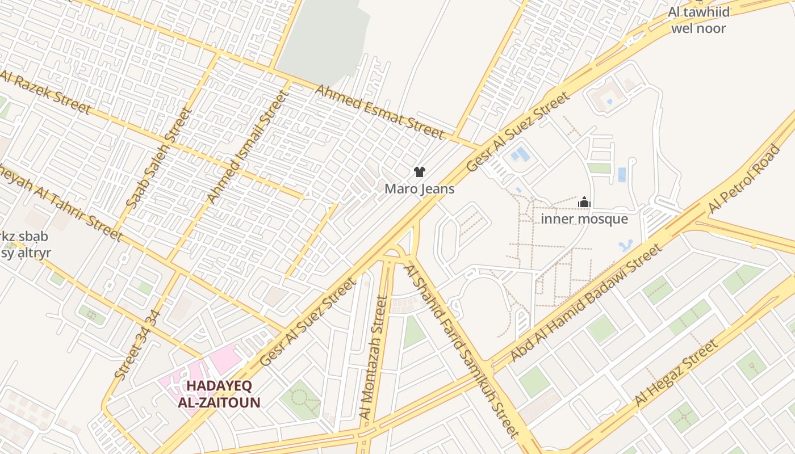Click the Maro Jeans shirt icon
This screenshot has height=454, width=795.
420,172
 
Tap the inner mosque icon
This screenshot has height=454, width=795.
584,202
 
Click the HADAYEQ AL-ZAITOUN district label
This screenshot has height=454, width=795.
219,394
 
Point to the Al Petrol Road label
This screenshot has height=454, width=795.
744,179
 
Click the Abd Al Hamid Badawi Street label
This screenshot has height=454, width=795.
586,302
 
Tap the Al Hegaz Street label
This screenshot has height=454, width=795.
675,373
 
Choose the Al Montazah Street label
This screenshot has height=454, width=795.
373,358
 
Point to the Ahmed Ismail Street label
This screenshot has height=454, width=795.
247,146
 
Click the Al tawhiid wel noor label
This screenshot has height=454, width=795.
698,20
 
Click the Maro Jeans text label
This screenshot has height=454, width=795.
420,189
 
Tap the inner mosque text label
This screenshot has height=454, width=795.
584,219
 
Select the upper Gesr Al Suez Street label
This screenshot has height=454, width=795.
517,132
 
